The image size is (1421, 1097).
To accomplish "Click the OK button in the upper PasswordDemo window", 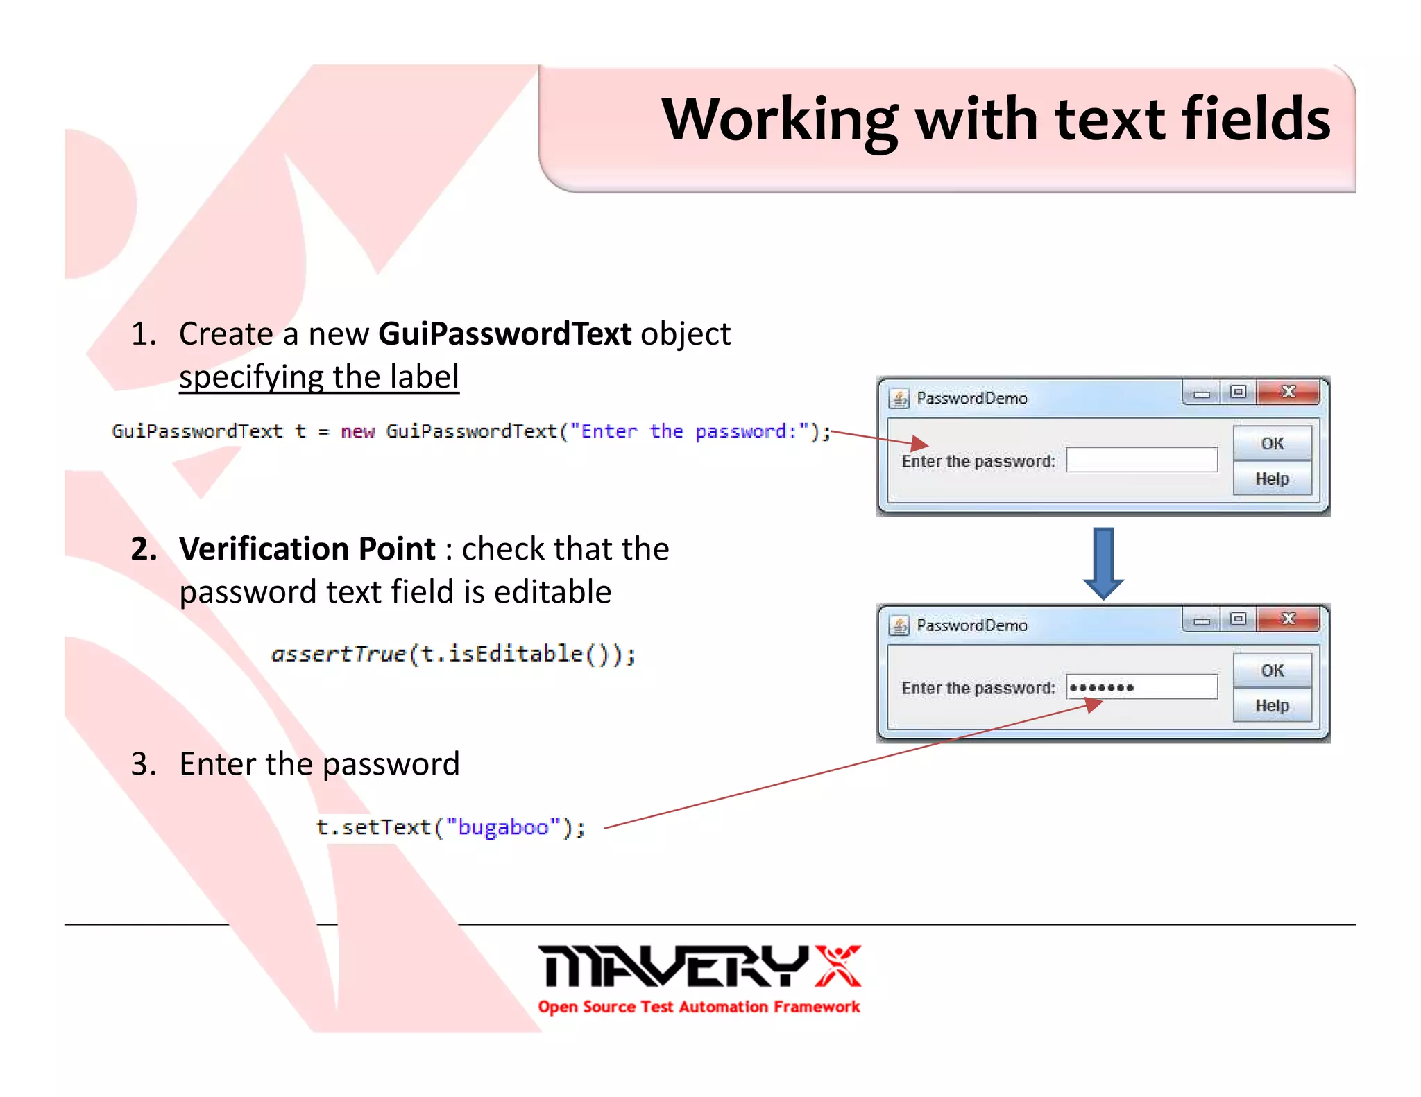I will [1272, 444].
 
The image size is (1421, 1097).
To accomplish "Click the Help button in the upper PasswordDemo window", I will [1272, 478].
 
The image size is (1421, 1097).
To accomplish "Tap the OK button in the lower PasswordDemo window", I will [1272, 671].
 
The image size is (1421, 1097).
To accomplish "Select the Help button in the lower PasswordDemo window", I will [1272, 705].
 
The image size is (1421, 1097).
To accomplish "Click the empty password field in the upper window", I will [1141, 460].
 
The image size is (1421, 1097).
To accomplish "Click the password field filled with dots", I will [1141, 687].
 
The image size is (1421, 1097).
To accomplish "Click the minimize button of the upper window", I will [1202, 393].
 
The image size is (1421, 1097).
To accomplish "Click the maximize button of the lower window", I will [1238, 619].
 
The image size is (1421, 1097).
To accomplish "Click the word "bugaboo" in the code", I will [503, 827].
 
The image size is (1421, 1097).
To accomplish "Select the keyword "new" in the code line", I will [357, 431].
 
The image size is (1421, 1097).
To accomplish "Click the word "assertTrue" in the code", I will [339, 654].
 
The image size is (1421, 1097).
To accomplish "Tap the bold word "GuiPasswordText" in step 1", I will [504, 334].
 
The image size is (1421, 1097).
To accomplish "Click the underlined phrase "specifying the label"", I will [319, 377].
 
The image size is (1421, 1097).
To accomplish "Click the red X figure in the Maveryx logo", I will [837, 965].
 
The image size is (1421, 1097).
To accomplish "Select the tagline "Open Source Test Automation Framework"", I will [699, 1007].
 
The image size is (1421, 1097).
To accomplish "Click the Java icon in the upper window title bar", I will [899, 398].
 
